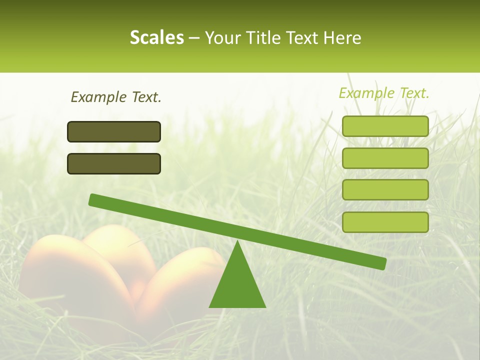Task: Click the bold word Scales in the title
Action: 156,37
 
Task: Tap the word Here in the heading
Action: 342,37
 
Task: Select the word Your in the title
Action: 222,37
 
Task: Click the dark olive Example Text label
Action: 116,97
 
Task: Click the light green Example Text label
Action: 384,93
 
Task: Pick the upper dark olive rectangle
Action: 114,131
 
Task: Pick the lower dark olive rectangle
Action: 114,163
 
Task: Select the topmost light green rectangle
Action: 385,126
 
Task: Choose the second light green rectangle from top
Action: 385,158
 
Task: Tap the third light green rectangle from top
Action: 385,189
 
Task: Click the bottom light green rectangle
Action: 385,222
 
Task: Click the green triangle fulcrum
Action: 237,285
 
